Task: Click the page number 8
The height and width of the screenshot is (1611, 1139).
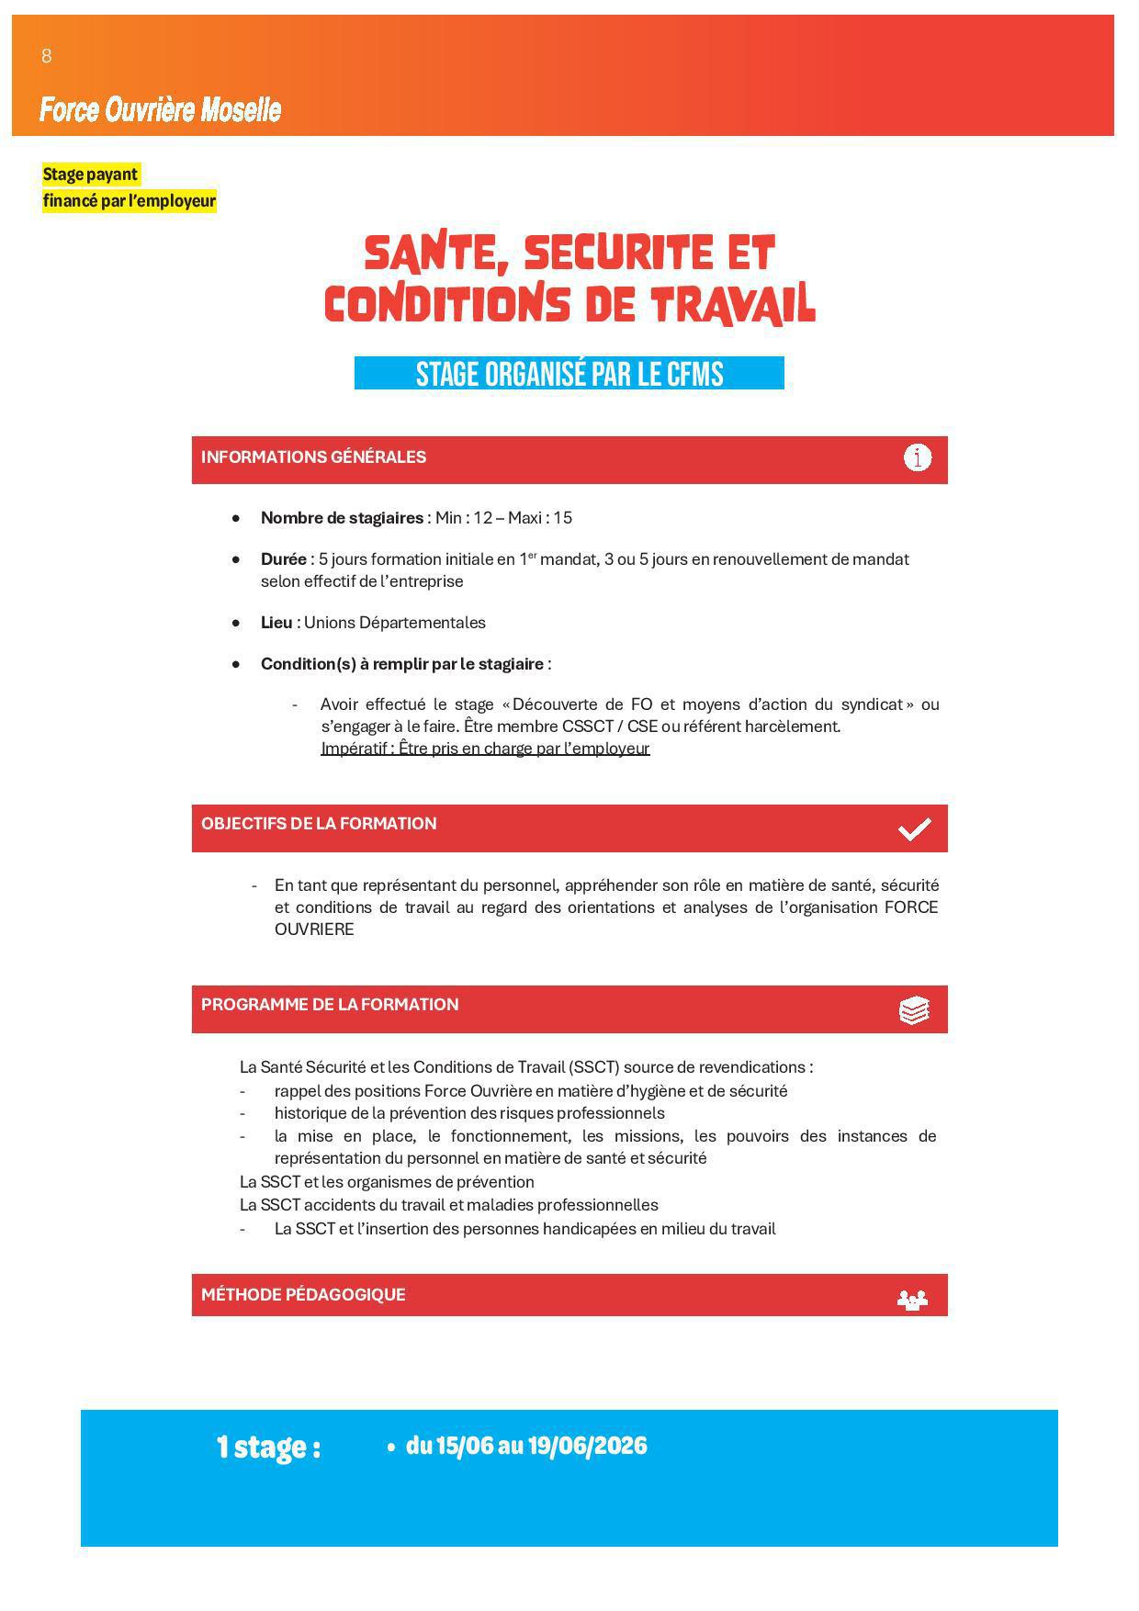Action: pyautogui.click(x=47, y=56)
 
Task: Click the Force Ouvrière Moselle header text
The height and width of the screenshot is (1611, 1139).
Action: pyautogui.click(x=160, y=110)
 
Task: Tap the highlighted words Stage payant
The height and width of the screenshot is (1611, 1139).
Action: pyautogui.click(x=90, y=175)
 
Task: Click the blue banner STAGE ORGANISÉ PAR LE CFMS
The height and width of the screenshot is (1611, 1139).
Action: pyautogui.click(x=569, y=374)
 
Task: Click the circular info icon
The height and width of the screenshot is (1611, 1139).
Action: pyautogui.click(x=917, y=457)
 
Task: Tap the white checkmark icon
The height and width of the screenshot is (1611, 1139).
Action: pyautogui.click(x=914, y=829)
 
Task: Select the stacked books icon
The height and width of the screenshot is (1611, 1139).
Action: pyautogui.click(x=914, y=1010)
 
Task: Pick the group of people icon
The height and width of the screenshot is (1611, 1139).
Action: pyautogui.click(x=912, y=1300)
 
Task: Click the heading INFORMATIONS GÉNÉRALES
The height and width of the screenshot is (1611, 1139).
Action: pyautogui.click(x=313, y=457)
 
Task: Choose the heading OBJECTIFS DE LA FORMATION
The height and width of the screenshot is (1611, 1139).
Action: pyautogui.click(x=319, y=824)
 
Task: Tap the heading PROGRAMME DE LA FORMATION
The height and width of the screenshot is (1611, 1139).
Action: pyautogui.click(x=330, y=1005)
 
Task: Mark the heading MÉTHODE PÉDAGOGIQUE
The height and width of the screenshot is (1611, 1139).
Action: pyautogui.click(x=303, y=1295)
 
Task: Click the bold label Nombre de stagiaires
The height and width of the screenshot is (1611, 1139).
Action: pyautogui.click(x=342, y=518)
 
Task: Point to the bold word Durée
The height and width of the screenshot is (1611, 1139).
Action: pyautogui.click(x=283, y=559)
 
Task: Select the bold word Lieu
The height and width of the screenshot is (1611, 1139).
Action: pyautogui.click(x=276, y=623)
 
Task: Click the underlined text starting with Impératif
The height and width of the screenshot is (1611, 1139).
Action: pyautogui.click(x=485, y=749)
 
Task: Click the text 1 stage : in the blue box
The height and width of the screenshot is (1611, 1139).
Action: pyautogui.click(x=268, y=1448)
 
